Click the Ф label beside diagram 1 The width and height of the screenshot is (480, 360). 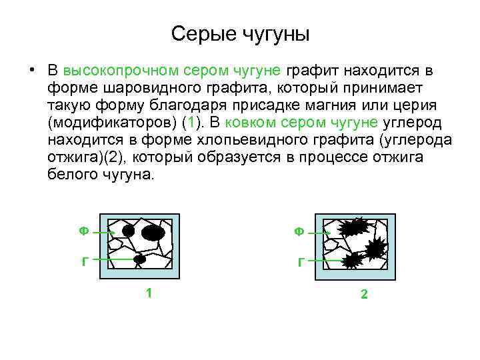83,231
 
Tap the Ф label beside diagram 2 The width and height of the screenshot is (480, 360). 300,231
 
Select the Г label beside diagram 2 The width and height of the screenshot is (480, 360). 301,262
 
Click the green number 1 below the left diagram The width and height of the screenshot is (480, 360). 149,293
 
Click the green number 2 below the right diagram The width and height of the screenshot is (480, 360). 364,293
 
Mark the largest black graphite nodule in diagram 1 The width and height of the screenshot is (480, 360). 152,232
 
